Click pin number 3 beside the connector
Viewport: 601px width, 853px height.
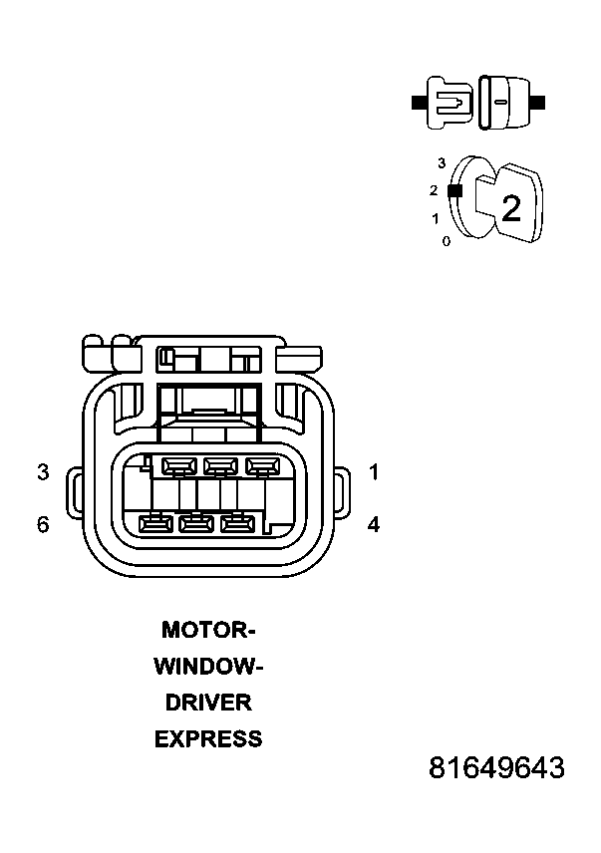[x=43, y=472]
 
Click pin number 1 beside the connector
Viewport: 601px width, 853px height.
[x=374, y=472]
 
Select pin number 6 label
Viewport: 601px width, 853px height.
[x=43, y=524]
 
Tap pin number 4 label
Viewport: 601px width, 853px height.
[x=374, y=524]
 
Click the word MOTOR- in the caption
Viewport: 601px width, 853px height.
[x=209, y=630]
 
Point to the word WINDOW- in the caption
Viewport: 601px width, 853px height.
[x=208, y=667]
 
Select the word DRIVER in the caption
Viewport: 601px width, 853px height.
[x=208, y=703]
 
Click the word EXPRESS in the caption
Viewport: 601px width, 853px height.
[x=208, y=739]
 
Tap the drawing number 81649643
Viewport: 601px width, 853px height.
[x=496, y=769]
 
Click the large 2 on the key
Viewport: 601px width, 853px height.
[x=510, y=208]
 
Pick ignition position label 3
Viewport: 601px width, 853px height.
[x=442, y=161]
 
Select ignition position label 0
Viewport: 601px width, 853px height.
[x=446, y=241]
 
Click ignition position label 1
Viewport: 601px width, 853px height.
[x=436, y=218]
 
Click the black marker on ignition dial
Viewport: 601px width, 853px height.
[x=454, y=189]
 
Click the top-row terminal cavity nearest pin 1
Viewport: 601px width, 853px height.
[x=262, y=465]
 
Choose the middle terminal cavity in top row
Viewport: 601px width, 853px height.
[x=220, y=465]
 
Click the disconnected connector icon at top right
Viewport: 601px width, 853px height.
[x=477, y=102]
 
